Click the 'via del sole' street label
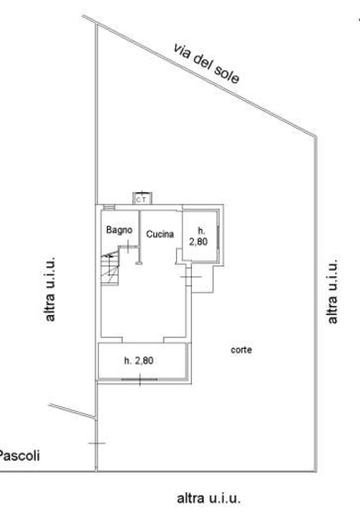(x=206, y=64)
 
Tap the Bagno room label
(x=119, y=230)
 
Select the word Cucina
(x=160, y=234)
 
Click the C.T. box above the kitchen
(x=142, y=198)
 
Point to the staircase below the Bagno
(x=110, y=270)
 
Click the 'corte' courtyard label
(x=241, y=350)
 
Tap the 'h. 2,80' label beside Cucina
(x=199, y=236)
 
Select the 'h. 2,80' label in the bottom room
(x=139, y=361)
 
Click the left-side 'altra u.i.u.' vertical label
(x=50, y=289)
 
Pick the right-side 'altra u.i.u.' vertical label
(x=333, y=291)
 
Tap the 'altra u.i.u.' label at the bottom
(x=209, y=498)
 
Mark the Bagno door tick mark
(x=128, y=246)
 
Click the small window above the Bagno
(x=110, y=207)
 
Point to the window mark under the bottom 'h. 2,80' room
(x=140, y=380)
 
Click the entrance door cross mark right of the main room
(x=191, y=277)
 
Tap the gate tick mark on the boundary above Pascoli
(x=96, y=443)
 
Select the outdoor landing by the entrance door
(x=203, y=279)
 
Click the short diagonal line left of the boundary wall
(x=73, y=412)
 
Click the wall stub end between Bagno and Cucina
(x=139, y=263)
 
